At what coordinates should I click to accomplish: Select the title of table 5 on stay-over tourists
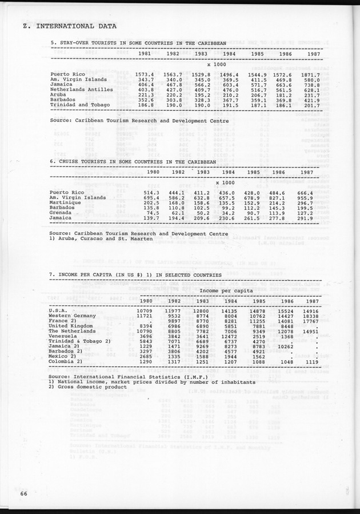138,43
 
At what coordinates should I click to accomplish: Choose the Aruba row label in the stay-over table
59,94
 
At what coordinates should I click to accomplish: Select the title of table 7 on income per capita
136,275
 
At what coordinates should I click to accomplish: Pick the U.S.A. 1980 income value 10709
147,311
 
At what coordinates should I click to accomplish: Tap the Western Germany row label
72,316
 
